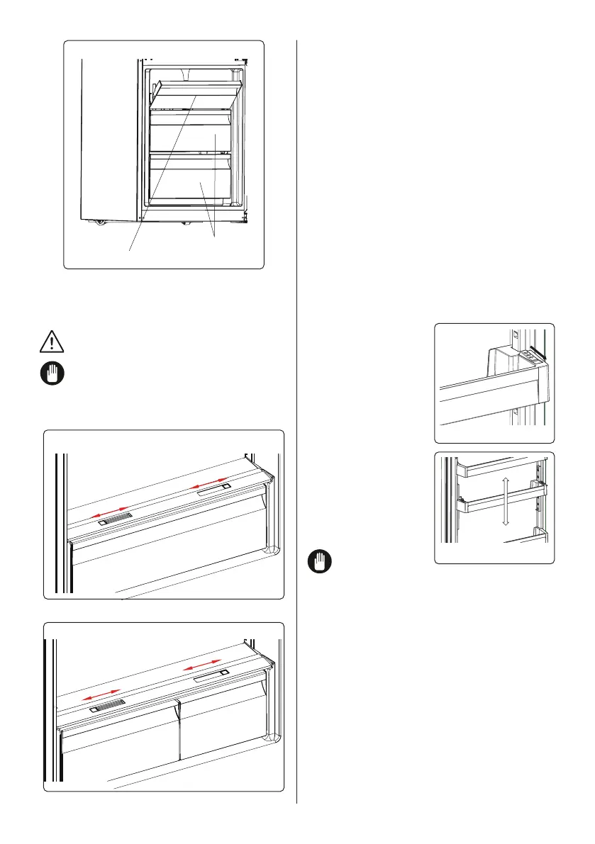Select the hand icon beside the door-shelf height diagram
pyautogui.click(x=320, y=562)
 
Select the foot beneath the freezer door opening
pyautogui.click(x=185, y=223)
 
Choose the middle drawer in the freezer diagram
pyautogui.click(x=190, y=136)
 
